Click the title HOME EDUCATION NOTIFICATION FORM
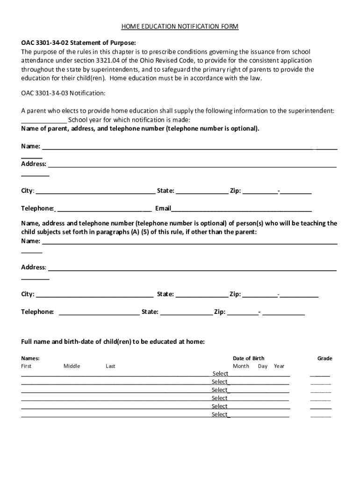(x=180, y=27)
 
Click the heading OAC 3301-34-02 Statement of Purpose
(x=79, y=43)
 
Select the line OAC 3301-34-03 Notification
(x=63, y=93)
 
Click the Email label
(x=163, y=208)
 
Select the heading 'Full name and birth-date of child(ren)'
(x=113, y=341)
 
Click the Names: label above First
(x=30, y=358)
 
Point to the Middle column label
(x=72, y=366)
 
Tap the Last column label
(x=110, y=366)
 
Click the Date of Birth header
(x=248, y=358)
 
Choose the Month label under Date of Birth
(x=241, y=366)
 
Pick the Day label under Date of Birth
(x=262, y=366)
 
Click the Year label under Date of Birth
(x=279, y=366)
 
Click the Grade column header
(x=324, y=358)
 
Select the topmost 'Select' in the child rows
(x=220, y=374)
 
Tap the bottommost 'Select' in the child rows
(x=219, y=414)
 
